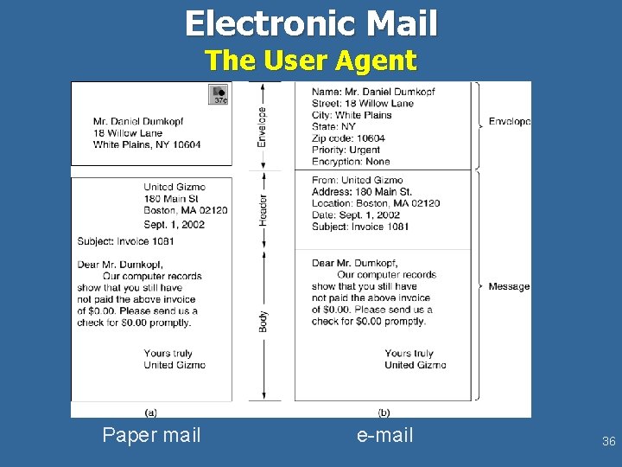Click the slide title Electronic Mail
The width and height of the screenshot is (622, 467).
coord(311,23)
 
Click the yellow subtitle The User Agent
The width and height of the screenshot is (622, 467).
coord(311,61)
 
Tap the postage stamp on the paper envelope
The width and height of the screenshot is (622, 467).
coord(219,95)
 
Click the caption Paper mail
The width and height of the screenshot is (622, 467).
coord(151,435)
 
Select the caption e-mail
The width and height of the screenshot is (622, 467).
coord(385,435)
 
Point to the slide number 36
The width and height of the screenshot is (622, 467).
coord(608,442)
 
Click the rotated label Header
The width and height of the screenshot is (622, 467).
coord(263,210)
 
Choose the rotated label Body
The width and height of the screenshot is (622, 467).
coord(263,321)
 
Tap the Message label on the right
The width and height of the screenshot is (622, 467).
coord(509,286)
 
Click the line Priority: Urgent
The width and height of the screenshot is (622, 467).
coord(346,150)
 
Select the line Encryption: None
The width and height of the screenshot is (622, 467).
coord(351,162)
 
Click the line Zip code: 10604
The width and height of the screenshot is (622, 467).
coord(348,138)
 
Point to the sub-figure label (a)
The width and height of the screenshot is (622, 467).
coord(151,412)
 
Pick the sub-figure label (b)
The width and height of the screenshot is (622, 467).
coord(384,412)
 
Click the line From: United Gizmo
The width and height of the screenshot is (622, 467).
coord(357,180)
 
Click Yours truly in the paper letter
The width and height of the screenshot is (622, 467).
coord(168,353)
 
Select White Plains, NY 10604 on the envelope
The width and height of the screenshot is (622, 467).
coord(147,144)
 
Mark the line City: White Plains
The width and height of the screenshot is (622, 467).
coord(352,115)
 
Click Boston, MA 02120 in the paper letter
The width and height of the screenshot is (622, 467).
coord(186,210)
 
